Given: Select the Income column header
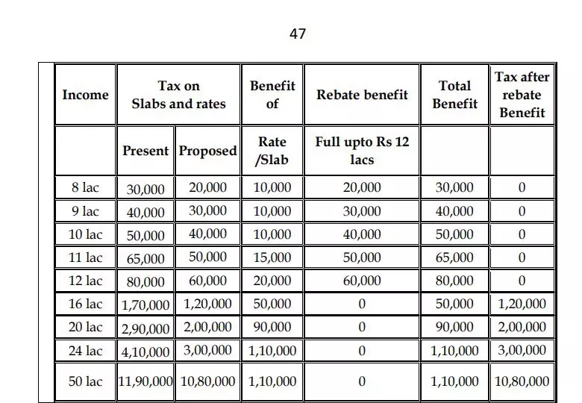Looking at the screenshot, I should pos(85,95).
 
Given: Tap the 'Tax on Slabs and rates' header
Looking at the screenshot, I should pos(178,95).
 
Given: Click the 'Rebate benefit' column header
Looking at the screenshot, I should pos(362,95).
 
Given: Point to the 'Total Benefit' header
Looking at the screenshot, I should pos(454,95).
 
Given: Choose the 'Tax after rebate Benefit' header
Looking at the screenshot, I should pos(522,95).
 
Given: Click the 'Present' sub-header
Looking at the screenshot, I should pos(145,151).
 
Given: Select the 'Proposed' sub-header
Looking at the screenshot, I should pos(207,151).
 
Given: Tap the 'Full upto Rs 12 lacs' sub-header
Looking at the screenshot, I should pos(362,151).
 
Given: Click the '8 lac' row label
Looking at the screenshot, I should pos(85,187).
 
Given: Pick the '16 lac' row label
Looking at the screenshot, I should pos(85,304).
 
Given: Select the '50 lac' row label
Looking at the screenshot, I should pos(85,381).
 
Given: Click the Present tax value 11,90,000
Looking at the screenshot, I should pos(145,381).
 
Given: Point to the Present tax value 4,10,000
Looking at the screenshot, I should pos(145,351).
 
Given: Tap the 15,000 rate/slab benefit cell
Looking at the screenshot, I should pos(272,258).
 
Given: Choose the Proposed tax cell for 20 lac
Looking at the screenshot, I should pos(207,327).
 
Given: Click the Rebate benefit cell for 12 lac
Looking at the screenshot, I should pos(362,281).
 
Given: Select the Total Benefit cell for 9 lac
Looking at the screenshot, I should pos(454,211).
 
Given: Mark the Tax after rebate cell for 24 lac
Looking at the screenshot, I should pos(522,350).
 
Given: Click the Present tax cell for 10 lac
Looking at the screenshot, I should pos(145,235).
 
